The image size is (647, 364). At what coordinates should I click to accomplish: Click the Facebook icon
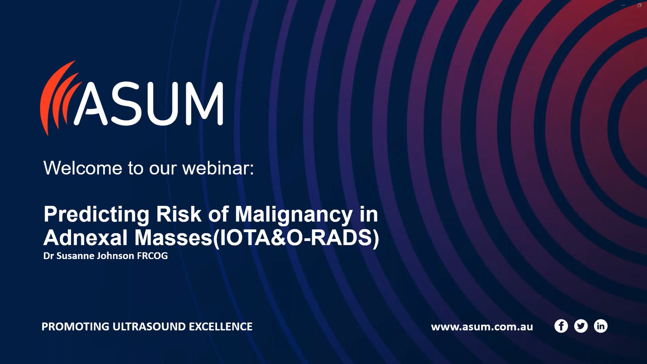(561, 326)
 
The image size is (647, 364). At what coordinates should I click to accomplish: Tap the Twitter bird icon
(581, 326)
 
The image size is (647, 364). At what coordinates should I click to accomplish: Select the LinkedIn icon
(600, 326)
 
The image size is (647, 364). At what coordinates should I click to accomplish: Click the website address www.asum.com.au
(482, 327)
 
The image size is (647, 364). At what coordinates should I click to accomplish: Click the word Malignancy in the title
(294, 214)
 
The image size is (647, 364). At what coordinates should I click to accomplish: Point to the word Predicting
(96, 214)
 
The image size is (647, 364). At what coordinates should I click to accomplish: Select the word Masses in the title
(174, 238)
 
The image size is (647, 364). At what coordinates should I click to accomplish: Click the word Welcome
(83, 168)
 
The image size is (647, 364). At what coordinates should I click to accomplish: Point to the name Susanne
(75, 256)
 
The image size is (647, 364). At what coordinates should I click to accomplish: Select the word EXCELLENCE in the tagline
(220, 327)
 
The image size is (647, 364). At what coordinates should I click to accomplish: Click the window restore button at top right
(639, 5)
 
